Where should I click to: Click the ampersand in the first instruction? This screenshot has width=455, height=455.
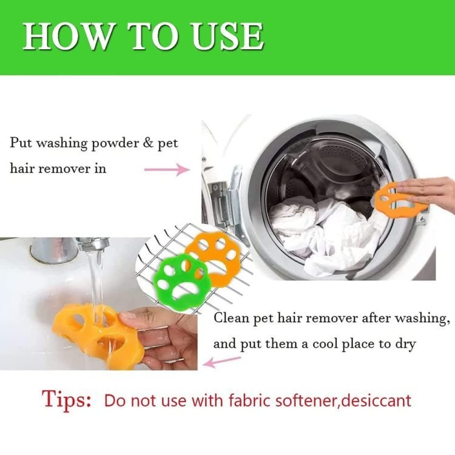click(148, 143)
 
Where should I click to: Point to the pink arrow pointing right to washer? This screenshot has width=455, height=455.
click(167, 169)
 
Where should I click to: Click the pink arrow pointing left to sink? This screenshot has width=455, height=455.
click(221, 362)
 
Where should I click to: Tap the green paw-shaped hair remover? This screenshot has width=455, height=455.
click(180, 279)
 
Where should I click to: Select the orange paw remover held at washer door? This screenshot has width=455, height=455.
click(397, 200)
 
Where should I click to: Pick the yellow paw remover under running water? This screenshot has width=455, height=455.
click(99, 337)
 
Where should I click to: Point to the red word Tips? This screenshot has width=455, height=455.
click(67, 400)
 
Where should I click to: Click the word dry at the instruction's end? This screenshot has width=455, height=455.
click(406, 345)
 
